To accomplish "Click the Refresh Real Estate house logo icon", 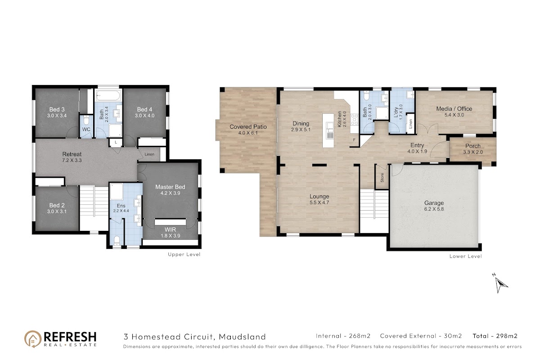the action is (33, 339).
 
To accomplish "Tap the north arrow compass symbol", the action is (500, 284).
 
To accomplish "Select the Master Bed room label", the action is (170, 187).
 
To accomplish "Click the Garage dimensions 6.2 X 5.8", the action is (434, 209).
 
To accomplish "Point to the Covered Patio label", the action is (248, 126).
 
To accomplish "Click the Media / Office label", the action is (454, 109).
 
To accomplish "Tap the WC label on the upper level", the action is (86, 129).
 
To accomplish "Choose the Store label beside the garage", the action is (382, 178).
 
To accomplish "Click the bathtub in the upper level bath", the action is (108, 96).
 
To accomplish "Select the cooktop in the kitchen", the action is (355, 120).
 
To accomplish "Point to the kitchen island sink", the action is (330, 130).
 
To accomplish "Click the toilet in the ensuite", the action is (117, 240).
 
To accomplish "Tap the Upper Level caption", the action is (184, 254).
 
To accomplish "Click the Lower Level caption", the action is (465, 256).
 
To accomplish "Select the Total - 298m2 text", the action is (495, 336).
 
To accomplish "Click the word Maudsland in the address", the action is (242, 337).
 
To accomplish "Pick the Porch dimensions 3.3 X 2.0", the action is (473, 152).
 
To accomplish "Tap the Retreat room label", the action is (72, 154).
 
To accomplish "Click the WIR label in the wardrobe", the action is (170, 229).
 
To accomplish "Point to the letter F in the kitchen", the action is (355, 140).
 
